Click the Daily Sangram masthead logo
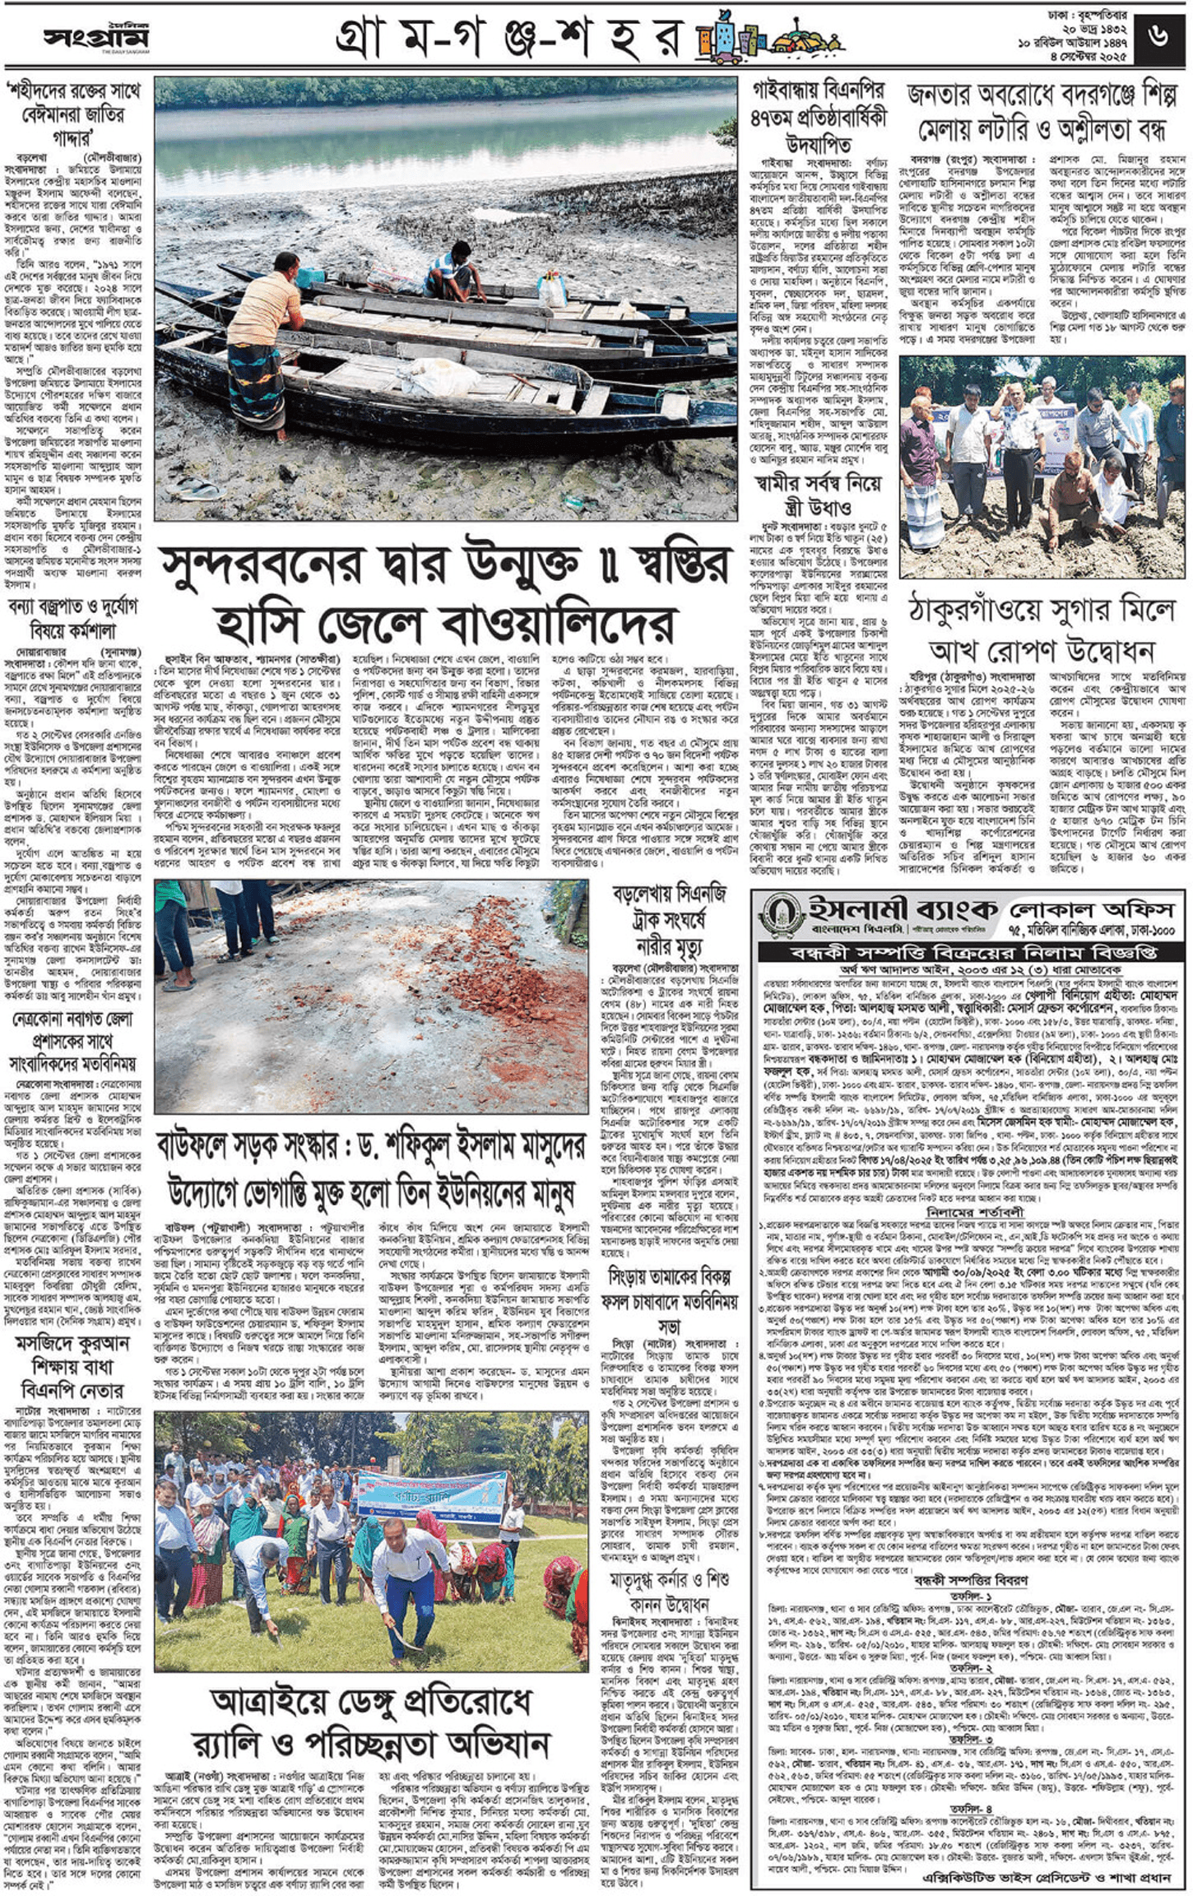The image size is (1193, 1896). tap(96, 37)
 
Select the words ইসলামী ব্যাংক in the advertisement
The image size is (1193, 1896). tap(901, 908)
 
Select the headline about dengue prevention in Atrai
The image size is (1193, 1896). tap(370, 1717)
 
